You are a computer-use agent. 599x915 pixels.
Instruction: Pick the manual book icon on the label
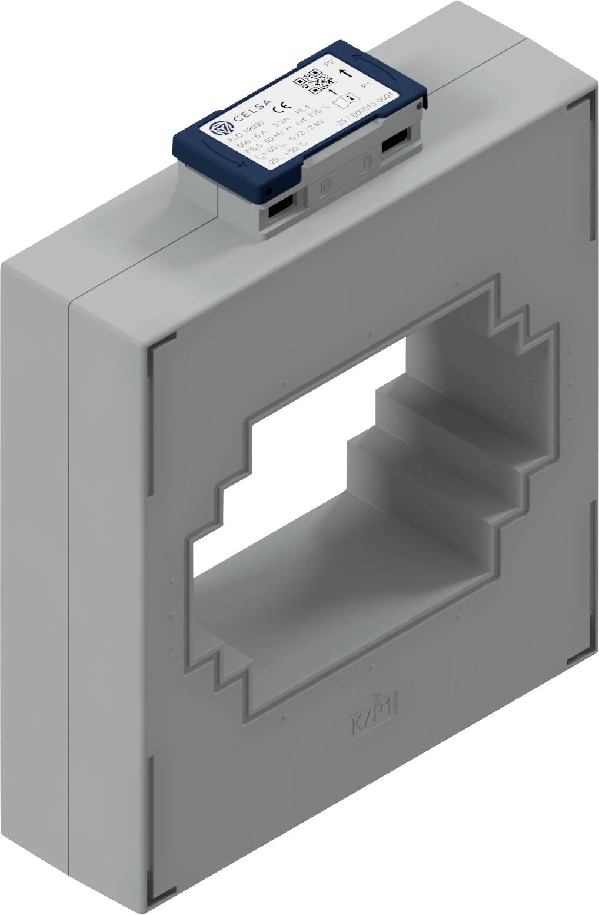point(346,100)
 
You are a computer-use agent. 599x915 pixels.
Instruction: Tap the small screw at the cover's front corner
point(268,192)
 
